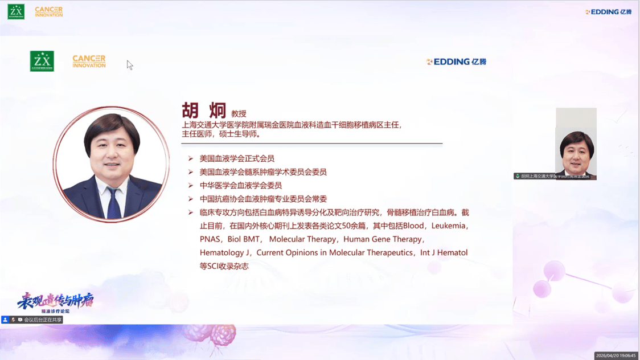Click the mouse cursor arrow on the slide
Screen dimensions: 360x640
pos(129,65)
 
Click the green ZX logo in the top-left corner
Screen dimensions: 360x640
pos(16,11)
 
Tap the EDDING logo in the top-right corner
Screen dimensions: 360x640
pos(608,12)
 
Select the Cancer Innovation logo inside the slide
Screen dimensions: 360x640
pos(89,62)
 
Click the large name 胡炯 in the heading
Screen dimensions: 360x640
pos(204,111)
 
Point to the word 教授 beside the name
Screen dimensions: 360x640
pos(239,114)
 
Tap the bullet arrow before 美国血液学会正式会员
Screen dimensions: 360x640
pos(191,158)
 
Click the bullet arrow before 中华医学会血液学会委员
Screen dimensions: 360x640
pos(191,185)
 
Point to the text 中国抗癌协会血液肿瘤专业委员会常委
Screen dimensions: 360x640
pos(263,199)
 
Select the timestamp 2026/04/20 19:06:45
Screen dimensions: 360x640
pos(616,355)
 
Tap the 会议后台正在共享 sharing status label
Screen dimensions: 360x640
pos(42,320)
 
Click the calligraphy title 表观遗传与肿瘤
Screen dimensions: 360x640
pos(55,300)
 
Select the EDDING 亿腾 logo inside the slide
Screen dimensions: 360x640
pos(456,62)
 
